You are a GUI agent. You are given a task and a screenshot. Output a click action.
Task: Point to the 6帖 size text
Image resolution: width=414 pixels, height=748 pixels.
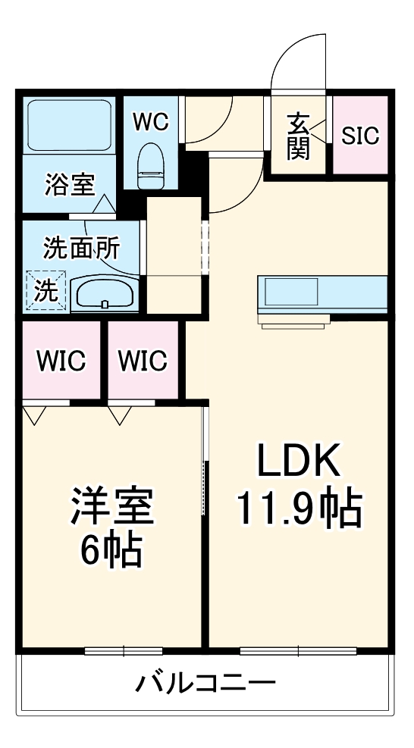pyautogui.click(x=111, y=552)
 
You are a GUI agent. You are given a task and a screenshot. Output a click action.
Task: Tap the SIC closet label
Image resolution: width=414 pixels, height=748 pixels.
pyautogui.click(x=360, y=136)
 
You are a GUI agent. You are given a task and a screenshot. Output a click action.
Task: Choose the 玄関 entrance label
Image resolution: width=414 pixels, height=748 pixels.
pyautogui.click(x=299, y=136)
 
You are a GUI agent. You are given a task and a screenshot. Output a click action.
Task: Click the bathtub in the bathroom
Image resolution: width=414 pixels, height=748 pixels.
pyautogui.click(x=69, y=124)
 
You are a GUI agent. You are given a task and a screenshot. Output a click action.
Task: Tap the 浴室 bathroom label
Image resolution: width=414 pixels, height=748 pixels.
pyautogui.click(x=69, y=185)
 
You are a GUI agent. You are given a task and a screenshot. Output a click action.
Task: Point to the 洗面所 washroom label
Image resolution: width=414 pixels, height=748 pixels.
pyautogui.click(x=80, y=247)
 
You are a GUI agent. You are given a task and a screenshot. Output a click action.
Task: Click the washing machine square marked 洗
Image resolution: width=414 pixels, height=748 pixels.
pyautogui.click(x=45, y=290)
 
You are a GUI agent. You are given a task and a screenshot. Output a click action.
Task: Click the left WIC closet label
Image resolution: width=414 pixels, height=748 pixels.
pyautogui.click(x=60, y=359)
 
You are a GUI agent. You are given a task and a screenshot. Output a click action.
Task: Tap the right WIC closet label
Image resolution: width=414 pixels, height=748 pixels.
pyautogui.click(x=143, y=359)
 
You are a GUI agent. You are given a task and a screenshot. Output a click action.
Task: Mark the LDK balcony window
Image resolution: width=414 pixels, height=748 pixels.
pyautogui.click(x=298, y=650)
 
